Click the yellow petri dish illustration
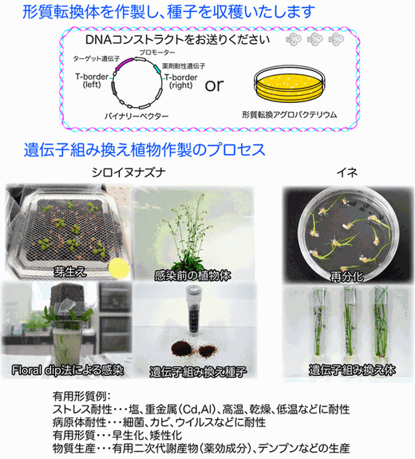click(290, 85)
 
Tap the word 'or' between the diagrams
click(214, 85)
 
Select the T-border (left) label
click(92, 81)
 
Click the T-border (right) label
click(181, 81)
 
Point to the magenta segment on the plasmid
click(124, 65)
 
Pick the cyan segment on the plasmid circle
click(157, 69)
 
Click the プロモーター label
click(156, 53)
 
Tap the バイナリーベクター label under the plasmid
click(136, 117)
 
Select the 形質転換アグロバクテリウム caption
click(289, 114)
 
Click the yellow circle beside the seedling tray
click(119, 268)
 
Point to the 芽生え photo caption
click(70, 272)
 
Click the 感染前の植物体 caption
click(192, 275)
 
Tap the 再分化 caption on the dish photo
click(347, 277)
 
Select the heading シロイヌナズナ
click(128, 172)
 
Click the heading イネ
click(347, 172)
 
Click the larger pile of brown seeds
click(181, 348)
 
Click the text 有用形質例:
click(81, 397)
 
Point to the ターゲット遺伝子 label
click(97, 59)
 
